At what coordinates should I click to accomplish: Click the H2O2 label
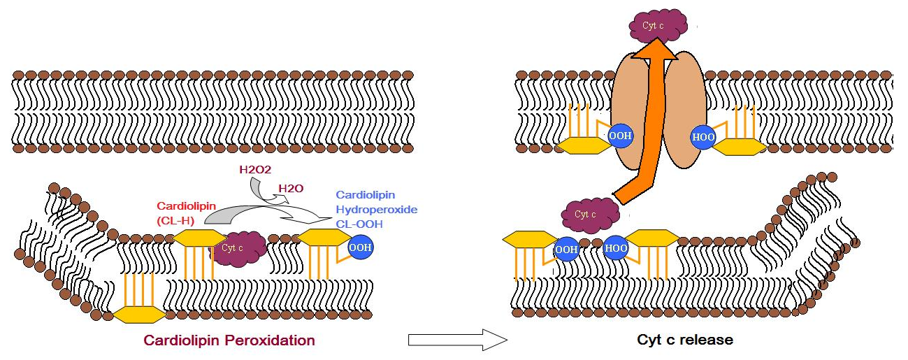coord(256,171)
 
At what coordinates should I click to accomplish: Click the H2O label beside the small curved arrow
coord(290,189)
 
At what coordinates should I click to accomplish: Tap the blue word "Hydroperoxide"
coord(376,209)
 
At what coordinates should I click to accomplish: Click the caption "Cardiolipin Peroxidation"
coord(229,341)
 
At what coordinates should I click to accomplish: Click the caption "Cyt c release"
coord(685,340)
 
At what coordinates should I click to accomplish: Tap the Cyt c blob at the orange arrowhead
coord(651,26)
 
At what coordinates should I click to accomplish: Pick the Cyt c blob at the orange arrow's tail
coord(590,215)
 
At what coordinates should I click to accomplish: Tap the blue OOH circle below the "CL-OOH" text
coord(361,247)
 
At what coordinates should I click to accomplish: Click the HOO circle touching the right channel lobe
coord(702,137)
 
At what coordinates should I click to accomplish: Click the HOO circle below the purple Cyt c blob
coord(616,249)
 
